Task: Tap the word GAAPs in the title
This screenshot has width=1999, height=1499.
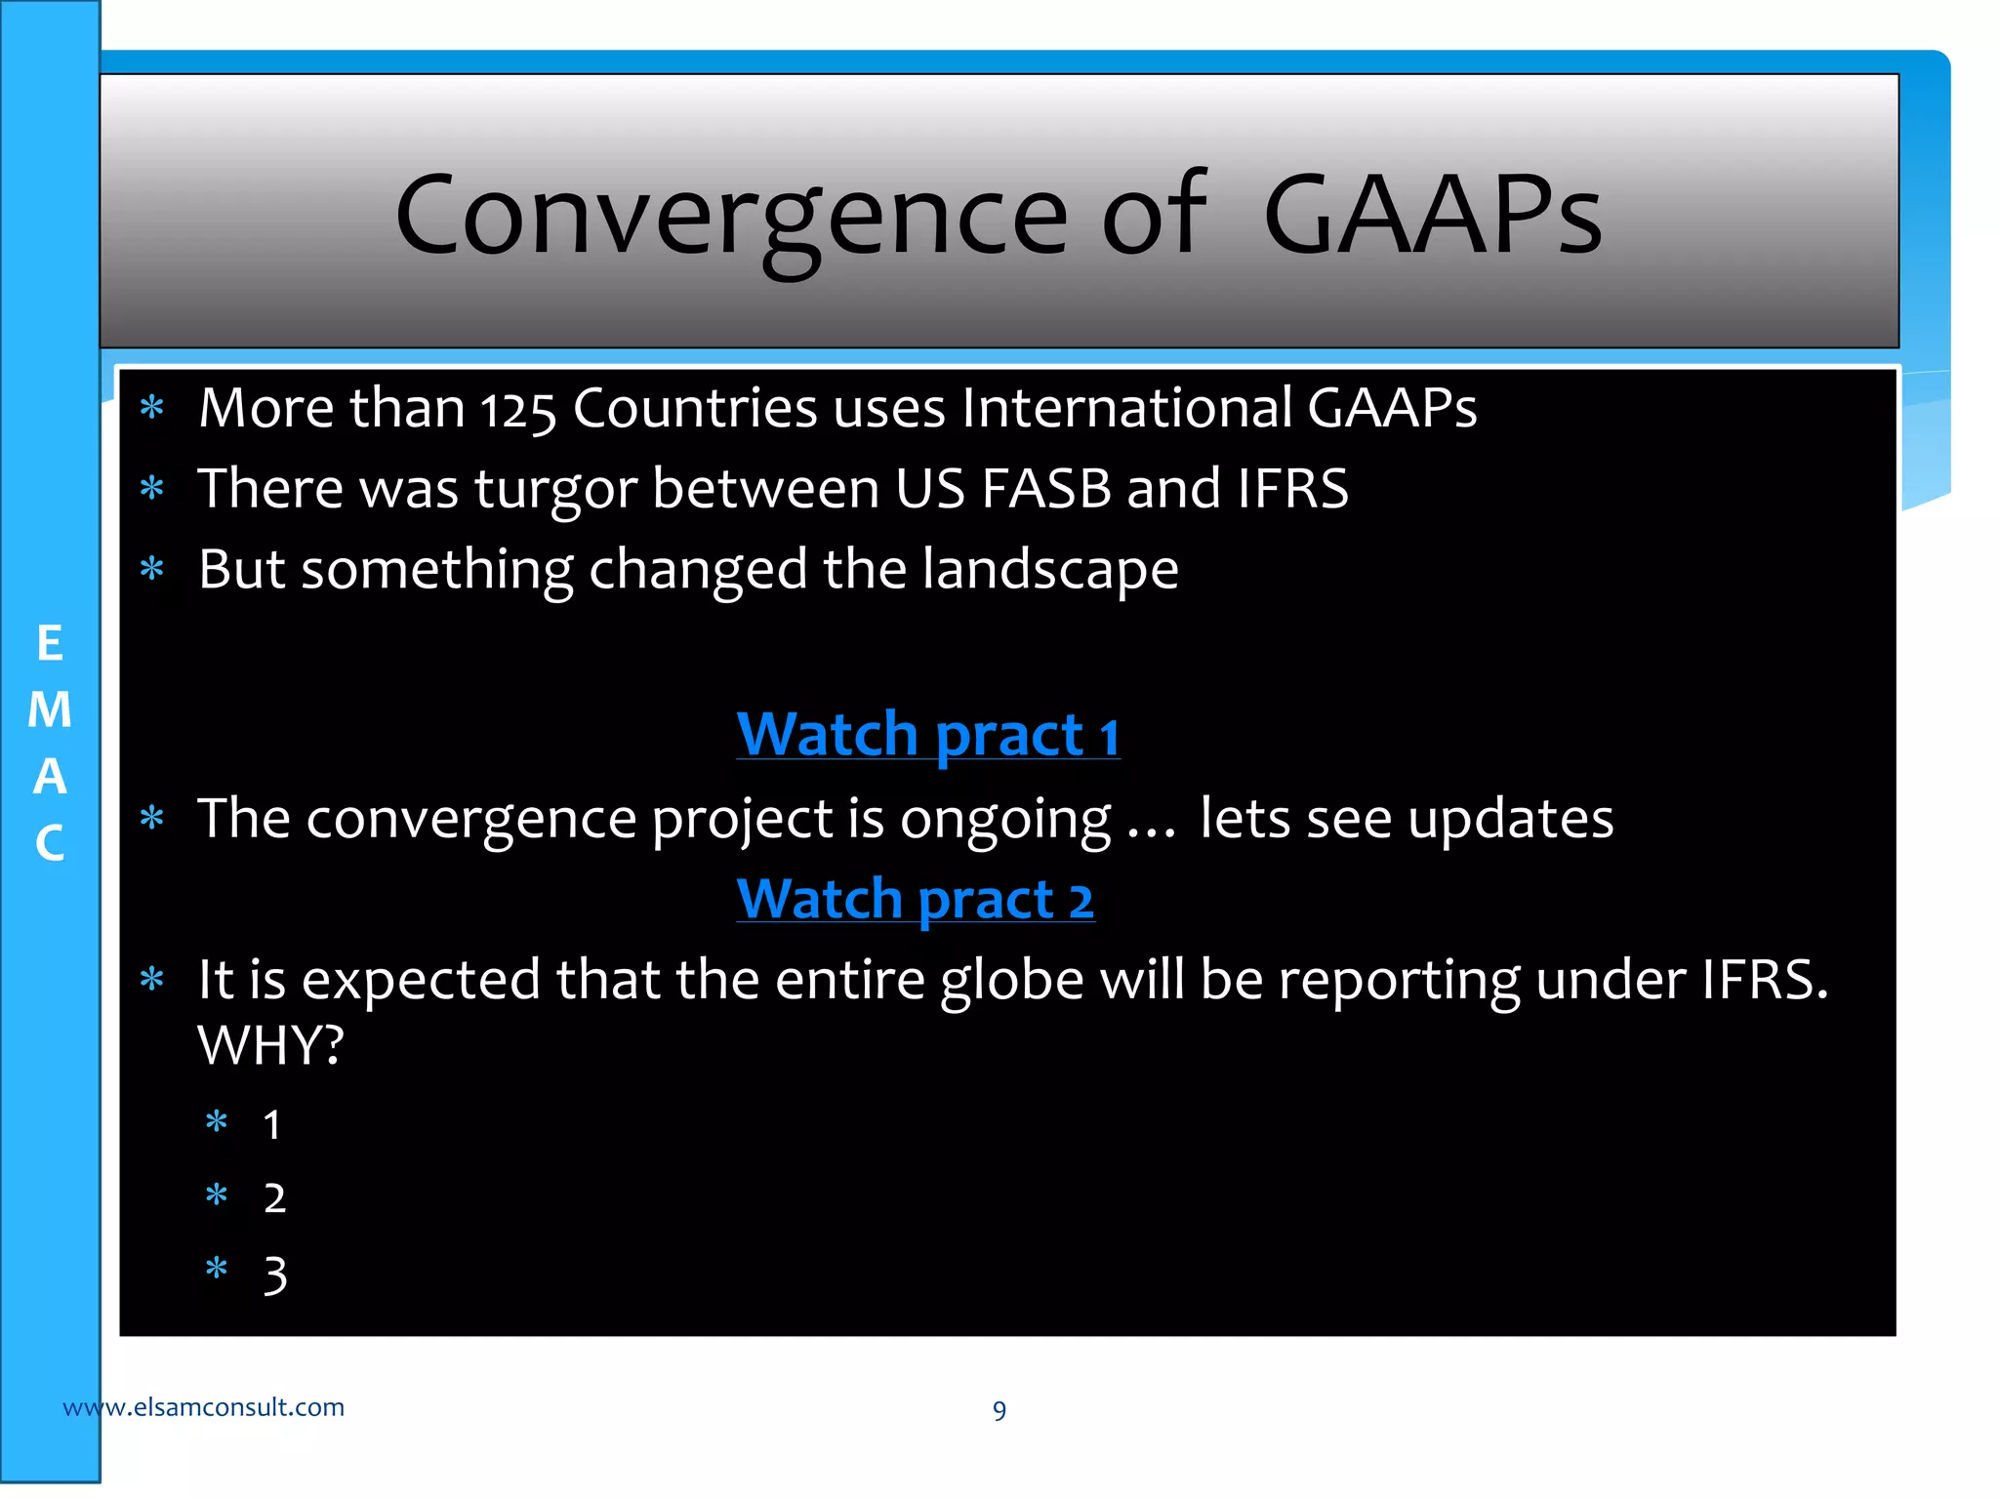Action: [1432, 215]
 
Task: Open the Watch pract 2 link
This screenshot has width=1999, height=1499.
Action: [915, 899]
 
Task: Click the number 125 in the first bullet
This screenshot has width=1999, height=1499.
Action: [517, 410]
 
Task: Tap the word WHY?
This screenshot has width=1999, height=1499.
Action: [270, 1046]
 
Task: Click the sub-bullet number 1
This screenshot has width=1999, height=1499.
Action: [272, 1125]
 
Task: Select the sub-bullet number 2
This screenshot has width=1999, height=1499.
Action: [274, 1198]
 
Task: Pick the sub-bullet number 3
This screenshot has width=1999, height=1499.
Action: [275, 1276]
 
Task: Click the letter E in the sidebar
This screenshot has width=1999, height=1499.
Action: [50, 644]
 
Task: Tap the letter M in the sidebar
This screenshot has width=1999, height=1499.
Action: [50, 709]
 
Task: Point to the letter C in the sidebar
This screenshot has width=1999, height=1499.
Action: [50, 843]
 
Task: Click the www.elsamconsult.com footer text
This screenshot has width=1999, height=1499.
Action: [203, 1407]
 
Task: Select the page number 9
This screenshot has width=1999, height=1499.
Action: [999, 1410]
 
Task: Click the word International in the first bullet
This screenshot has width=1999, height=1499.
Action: [1126, 408]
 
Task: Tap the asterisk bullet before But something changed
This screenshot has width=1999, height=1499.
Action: [152, 568]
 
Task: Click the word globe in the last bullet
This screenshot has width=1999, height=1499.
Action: [1011, 981]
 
